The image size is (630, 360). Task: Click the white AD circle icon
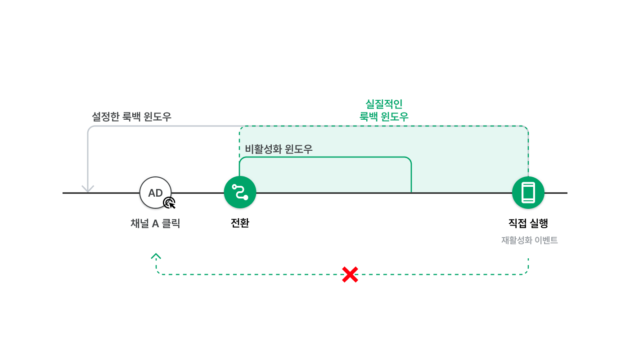tap(156, 193)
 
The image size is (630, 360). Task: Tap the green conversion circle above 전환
tap(240, 193)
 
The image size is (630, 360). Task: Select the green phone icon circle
tap(528, 193)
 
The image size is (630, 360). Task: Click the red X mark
tap(350, 274)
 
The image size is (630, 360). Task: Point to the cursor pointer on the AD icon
tap(170, 203)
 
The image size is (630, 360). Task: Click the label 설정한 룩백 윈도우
tap(131, 117)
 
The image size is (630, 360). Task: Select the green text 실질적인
tap(384, 104)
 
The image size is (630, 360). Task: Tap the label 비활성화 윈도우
tap(279, 149)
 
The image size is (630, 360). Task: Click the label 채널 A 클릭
tap(155, 224)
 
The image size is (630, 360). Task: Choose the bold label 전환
tap(240, 223)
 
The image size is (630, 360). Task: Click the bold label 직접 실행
tap(528, 223)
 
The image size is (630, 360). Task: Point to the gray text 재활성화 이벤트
tap(529, 240)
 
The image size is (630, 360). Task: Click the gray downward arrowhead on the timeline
tap(88, 189)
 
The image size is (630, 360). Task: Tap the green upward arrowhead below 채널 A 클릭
tap(156, 256)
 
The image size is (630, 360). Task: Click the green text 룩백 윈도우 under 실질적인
tap(384, 117)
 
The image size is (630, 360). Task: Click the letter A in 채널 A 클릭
tap(156, 224)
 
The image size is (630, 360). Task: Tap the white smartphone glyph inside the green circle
tap(528, 193)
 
